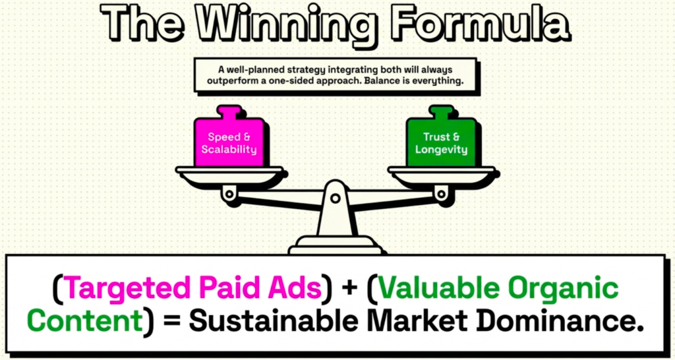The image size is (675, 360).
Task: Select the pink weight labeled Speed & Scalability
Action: pos(229,143)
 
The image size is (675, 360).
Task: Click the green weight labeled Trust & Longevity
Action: pos(441,143)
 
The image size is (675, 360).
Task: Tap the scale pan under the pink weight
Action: pos(229,175)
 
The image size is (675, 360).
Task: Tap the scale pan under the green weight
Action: pos(442,175)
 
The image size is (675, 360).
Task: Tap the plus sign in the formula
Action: pos(349,288)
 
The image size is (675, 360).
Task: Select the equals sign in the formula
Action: pos(171,323)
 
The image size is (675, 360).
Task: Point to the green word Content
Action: pos(85,321)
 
